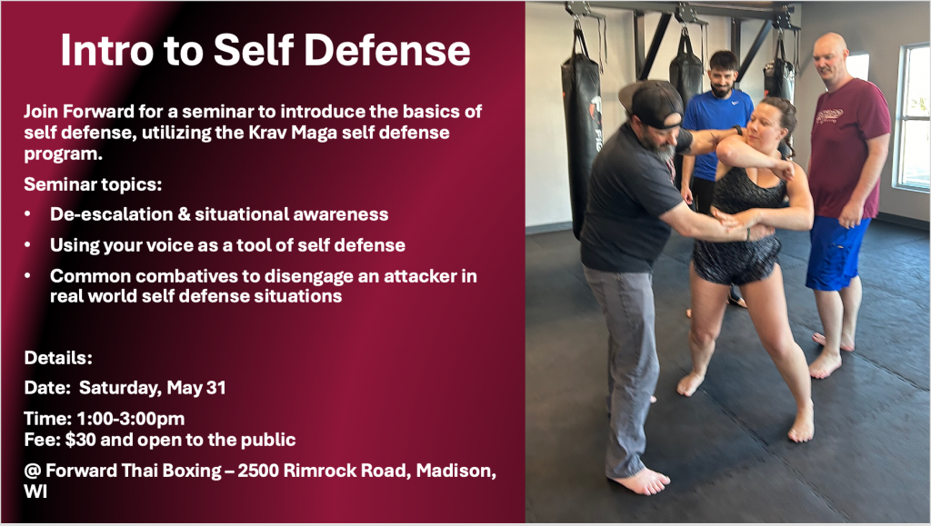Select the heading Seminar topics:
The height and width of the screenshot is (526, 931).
click(x=93, y=184)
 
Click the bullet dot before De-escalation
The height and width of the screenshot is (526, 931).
click(x=28, y=214)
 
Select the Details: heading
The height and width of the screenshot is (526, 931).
click(x=58, y=358)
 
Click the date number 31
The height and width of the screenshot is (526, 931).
click(x=215, y=388)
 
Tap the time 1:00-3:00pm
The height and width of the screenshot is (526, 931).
click(x=131, y=419)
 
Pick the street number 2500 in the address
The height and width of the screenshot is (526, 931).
click(x=258, y=471)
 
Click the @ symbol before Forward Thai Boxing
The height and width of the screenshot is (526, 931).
click(x=32, y=471)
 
